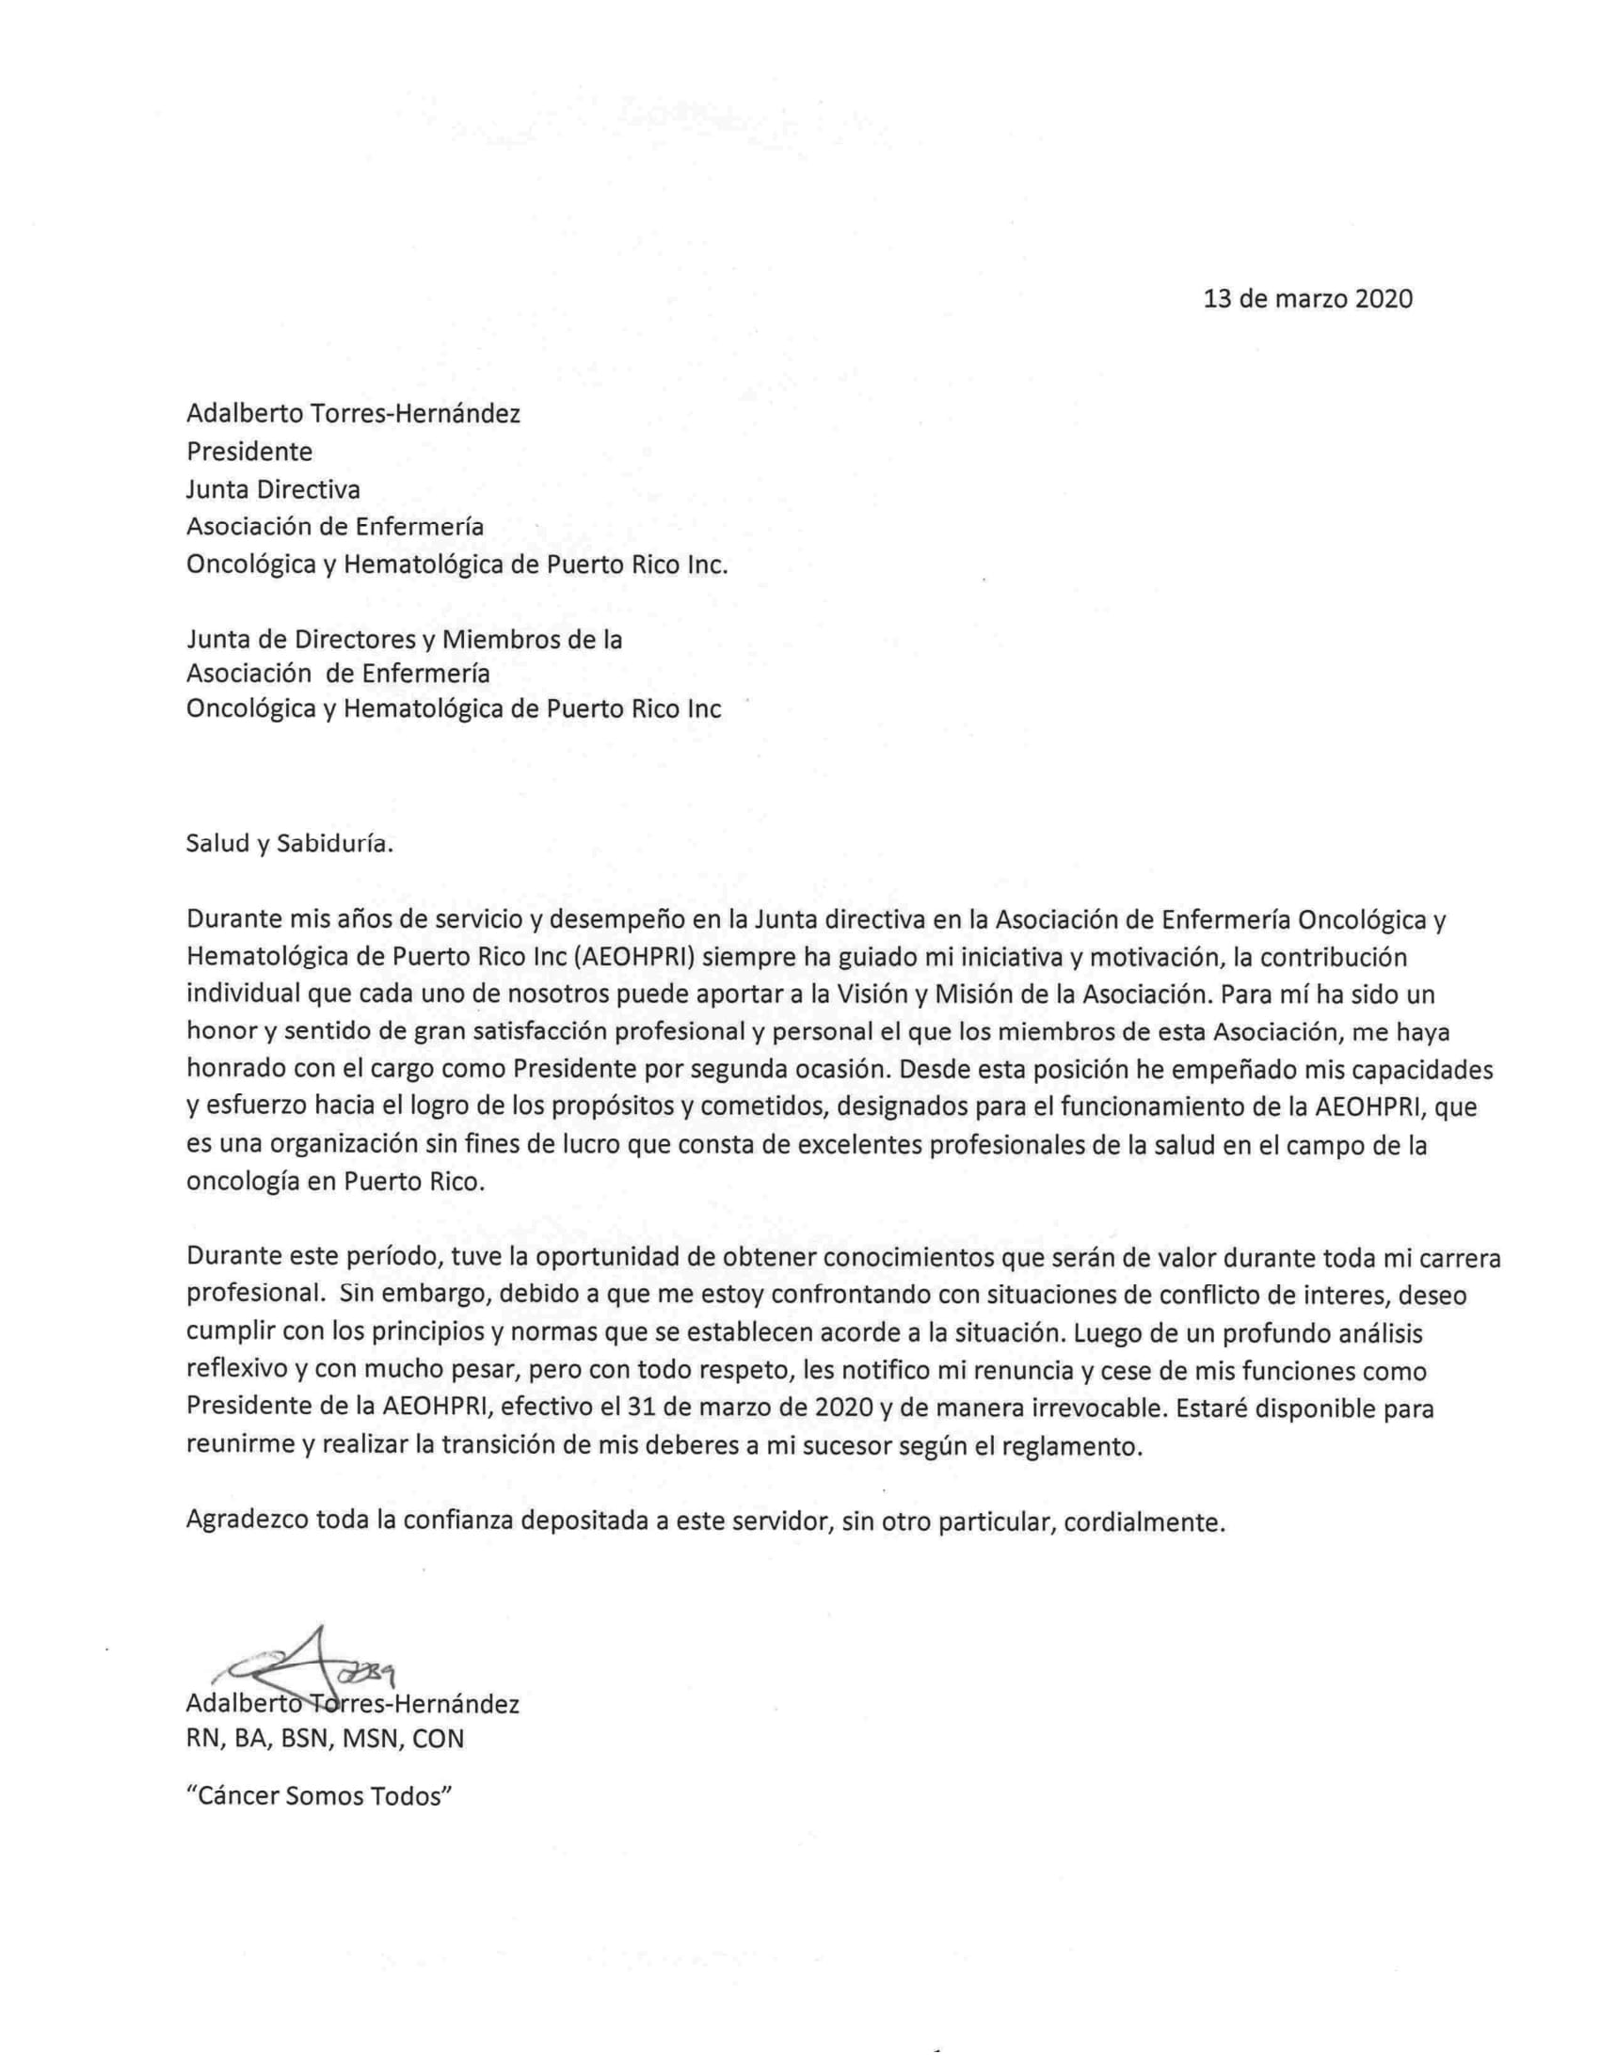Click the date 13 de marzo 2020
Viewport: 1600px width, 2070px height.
pyautogui.click(x=1307, y=299)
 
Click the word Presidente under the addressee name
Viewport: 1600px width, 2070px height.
pyautogui.click(x=249, y=451)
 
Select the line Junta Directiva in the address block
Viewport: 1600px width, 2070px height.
pyautogui.click(x=273, y=489)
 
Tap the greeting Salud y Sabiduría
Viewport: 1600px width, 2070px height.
pyautogui.click(x=289, y=844)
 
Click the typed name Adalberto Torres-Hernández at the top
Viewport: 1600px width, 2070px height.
pyautogui.click(x=354, y=414)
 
